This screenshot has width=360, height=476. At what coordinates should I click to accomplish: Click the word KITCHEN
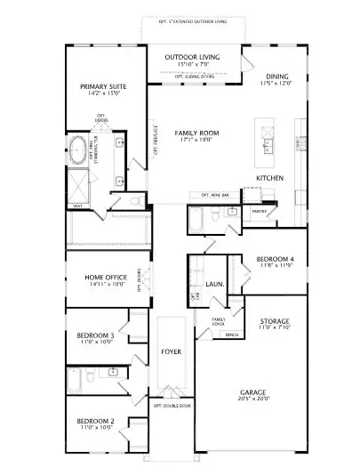(270, 179)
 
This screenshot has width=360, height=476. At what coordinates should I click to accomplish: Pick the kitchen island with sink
(264, 143)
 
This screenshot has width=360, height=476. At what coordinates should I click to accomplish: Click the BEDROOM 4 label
(275, 259)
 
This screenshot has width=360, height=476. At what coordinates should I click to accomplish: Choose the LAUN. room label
(214, 284)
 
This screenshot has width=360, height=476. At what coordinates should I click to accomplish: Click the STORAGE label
(274, 320)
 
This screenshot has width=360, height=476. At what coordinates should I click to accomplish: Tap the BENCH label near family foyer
(232, 335)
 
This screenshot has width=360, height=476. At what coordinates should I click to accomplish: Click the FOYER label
(171, 351)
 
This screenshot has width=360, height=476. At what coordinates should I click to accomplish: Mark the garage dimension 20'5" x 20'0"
(252, 399)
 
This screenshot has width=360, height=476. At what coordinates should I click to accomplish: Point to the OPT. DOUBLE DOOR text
(172, 405)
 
